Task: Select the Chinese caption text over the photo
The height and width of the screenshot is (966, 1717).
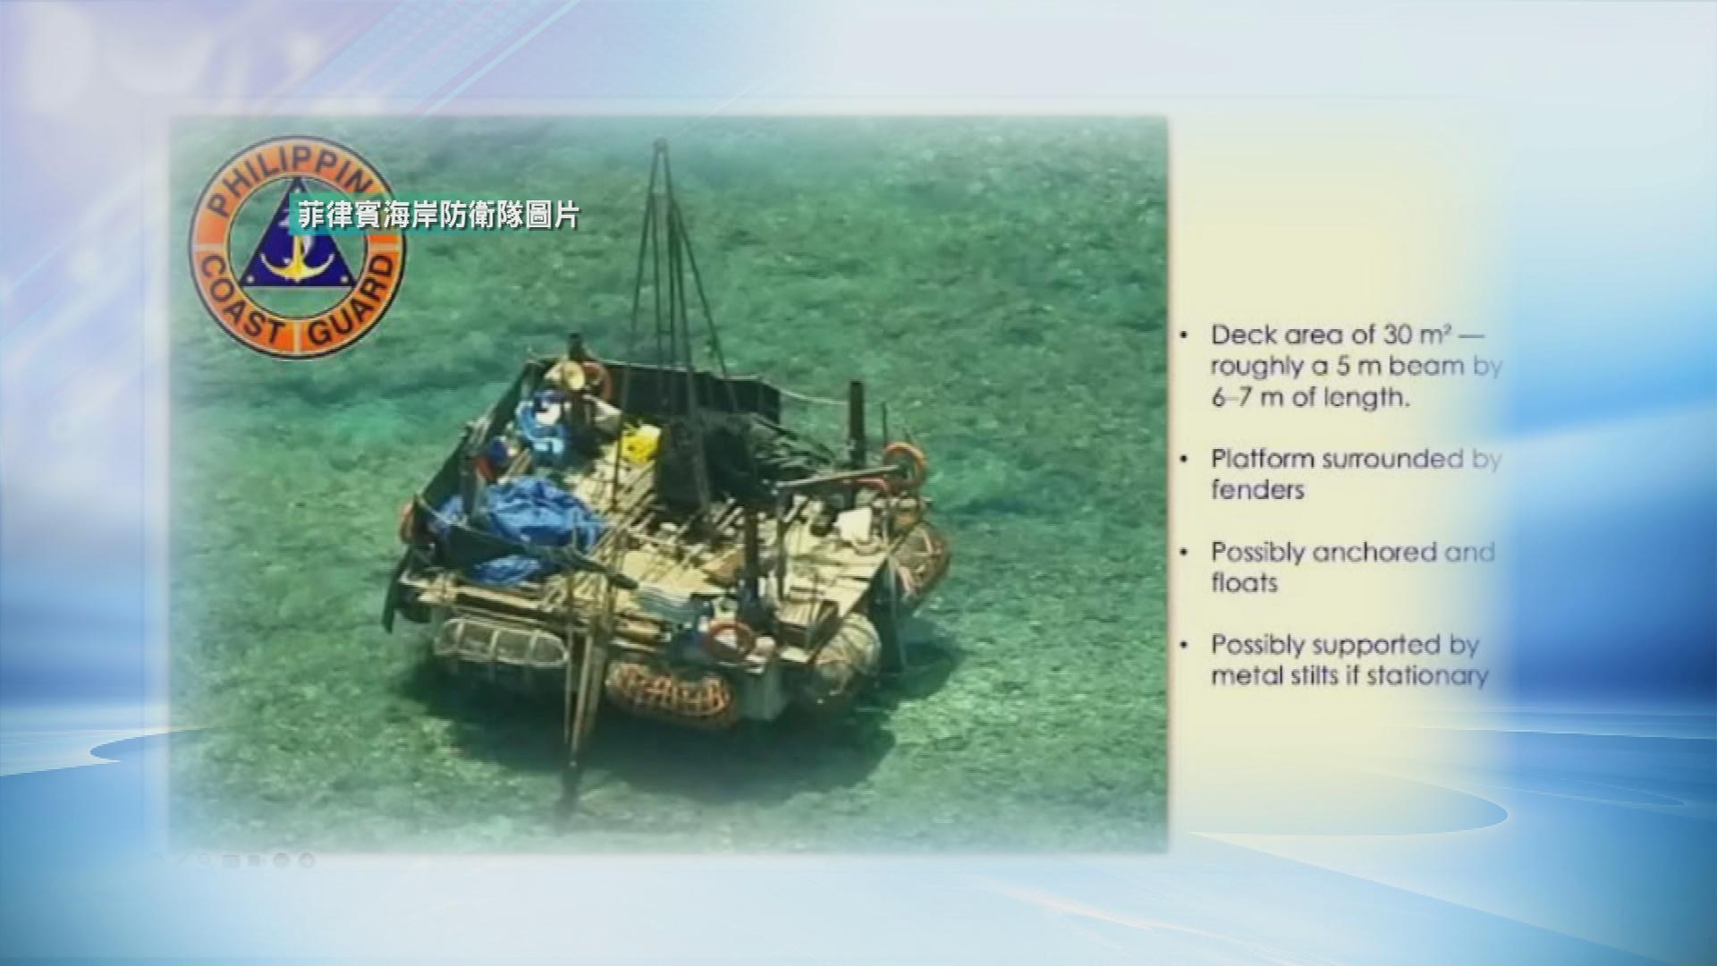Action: click(439, 215)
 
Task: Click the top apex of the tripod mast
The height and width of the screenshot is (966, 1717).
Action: click(660, 142)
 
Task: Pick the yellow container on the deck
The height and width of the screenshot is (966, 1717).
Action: click(641, 444)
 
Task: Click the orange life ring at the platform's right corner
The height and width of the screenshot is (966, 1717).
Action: click(904, 465)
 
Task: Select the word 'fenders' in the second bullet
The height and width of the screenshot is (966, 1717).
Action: click(1257, 489)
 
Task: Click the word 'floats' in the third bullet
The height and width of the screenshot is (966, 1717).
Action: click(1244, 582)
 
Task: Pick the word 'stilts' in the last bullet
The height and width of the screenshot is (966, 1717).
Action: click(1324, 675)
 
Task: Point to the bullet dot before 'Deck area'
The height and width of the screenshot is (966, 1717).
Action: click(1185, 336)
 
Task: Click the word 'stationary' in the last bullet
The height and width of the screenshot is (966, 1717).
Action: click(1427, 675)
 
